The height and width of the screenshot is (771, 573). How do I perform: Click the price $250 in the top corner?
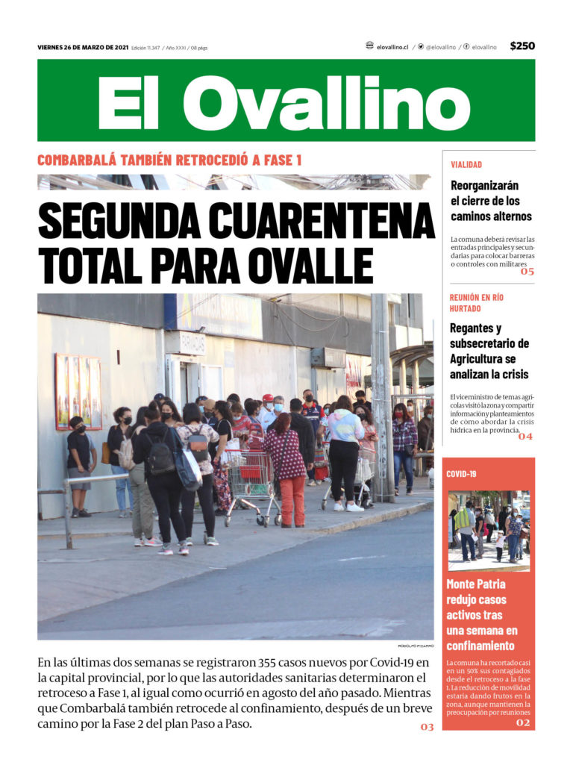[522, 46]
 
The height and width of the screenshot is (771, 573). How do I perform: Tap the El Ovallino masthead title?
[284, 102]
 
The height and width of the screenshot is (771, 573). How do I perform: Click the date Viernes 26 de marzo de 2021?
[82, 48]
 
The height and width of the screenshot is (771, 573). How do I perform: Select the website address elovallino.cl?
[392, 47]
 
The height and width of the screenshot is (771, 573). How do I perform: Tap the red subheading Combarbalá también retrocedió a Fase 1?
[169, 160]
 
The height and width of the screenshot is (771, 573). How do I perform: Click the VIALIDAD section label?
[466, 164]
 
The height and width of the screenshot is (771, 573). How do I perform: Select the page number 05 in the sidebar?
[527, 272]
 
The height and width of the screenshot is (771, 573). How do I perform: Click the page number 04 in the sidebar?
[525, 436]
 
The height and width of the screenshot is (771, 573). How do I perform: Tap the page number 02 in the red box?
[523, 722]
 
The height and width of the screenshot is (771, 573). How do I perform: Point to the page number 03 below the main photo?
[427, 726]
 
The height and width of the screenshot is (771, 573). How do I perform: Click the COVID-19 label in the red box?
[461, 474]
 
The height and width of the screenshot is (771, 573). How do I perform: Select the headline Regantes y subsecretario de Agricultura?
[489, 351]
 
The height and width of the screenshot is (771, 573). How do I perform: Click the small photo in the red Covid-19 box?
[489, 530]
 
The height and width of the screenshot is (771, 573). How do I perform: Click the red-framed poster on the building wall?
[78, 392]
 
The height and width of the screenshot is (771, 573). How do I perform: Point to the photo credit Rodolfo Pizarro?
[416, 646]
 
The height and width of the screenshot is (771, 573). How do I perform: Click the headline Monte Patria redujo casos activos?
[481, 615]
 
